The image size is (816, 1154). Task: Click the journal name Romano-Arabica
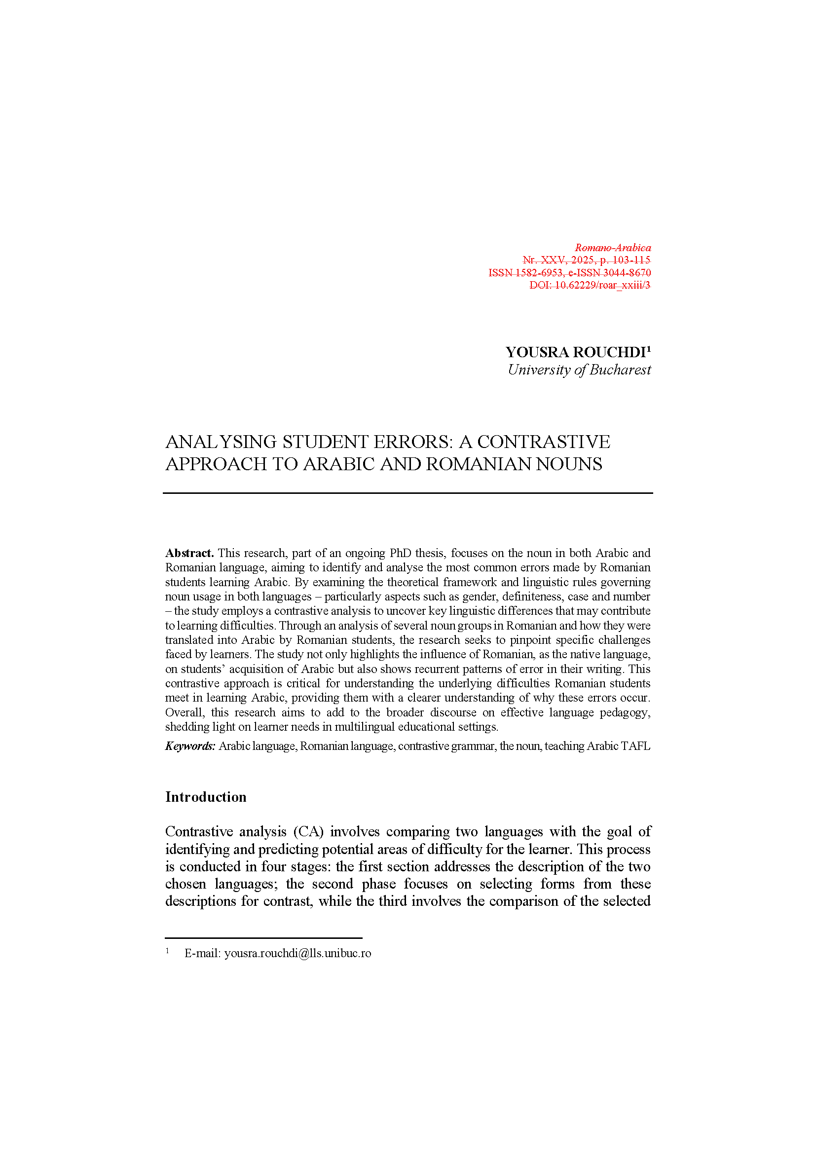613,247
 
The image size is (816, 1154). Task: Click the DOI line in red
590,285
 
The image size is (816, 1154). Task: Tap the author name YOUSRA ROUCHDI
575,352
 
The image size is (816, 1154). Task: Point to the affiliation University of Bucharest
579,370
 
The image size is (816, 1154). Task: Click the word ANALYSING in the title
221,442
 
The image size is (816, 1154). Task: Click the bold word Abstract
189,553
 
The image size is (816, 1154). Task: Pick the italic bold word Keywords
190,746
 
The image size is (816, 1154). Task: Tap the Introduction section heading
206,797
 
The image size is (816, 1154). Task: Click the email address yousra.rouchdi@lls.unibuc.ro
297,953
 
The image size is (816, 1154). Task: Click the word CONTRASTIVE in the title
543,442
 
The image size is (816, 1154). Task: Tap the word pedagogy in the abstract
625,712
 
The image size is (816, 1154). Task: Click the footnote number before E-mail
167,950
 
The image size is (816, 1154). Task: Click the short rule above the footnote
263,937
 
